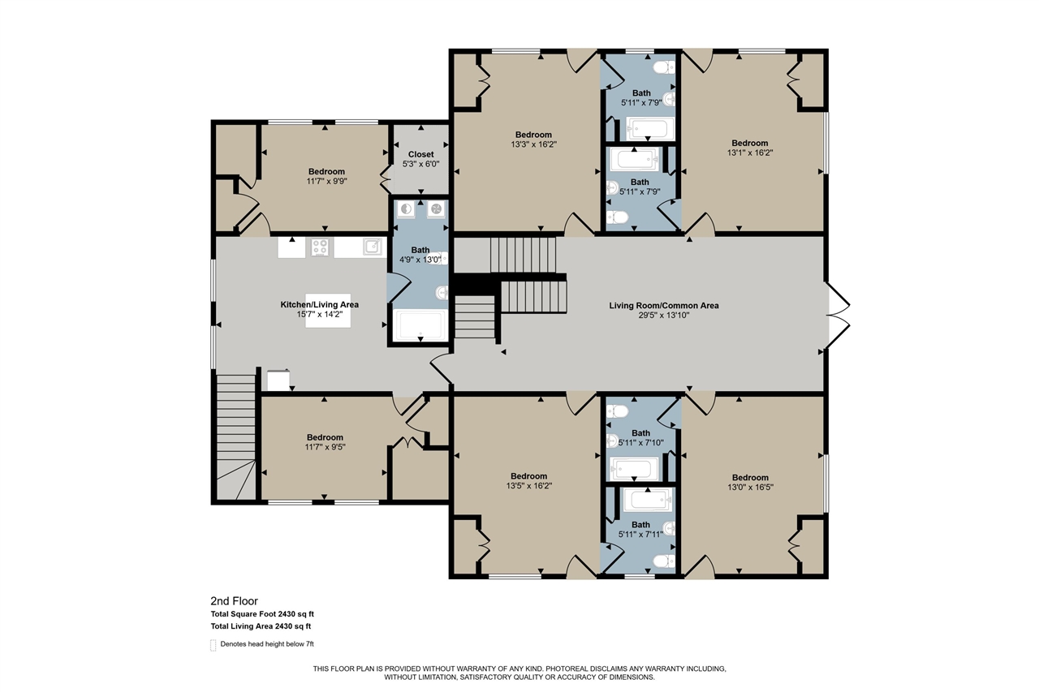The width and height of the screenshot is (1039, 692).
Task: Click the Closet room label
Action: [x=420, y=154]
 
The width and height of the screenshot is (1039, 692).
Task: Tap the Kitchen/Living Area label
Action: [x=319, y=305]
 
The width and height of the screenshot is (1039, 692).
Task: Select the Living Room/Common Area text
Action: [x=664, y=306]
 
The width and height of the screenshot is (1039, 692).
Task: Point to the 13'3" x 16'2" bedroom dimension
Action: [x=533, y=144]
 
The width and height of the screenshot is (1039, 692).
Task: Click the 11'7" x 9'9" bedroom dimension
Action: [x=325, y=181]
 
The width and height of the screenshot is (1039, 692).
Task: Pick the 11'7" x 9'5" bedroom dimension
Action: [x=325, y=447]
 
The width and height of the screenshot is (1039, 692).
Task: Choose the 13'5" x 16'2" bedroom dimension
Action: [x=528, y=486]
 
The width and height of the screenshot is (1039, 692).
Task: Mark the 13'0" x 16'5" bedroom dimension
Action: [x=749, y=488]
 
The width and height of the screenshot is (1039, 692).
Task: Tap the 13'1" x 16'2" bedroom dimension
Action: [x=749, y=153]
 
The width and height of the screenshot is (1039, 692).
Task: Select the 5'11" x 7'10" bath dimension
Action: [x=640, y=442]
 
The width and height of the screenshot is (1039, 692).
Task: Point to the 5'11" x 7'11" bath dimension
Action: [x=640, y=534]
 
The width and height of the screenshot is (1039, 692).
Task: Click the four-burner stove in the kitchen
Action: [x=320, y=247]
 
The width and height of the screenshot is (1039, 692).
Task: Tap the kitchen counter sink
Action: [x=372, y=247]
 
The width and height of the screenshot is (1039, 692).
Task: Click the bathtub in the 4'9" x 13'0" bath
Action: [x=418, y=326]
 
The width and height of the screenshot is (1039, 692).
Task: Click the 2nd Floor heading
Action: [x=234, y=601]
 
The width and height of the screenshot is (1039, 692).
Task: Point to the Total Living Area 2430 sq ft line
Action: [x=261, y=626]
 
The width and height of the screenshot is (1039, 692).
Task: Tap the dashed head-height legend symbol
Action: [x=213, y=644]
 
